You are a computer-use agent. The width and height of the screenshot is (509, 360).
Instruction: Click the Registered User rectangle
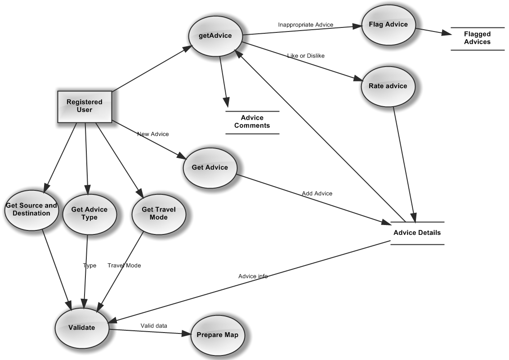coord(85,106)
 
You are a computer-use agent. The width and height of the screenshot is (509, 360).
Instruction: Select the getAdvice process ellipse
coord(216,36)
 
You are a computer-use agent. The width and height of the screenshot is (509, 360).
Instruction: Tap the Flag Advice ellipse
coord(388,25)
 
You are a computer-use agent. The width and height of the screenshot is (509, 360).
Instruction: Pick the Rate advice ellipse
coord(388,86)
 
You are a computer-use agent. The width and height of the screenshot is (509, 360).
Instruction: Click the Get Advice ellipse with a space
coord(210,167)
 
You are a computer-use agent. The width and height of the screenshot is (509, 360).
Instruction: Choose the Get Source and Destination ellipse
coord(31,210)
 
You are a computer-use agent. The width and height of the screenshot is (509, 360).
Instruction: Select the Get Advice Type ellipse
coord(89,214)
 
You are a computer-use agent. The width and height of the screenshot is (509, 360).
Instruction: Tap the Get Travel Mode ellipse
coord(159,214)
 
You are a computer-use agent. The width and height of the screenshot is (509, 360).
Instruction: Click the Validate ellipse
coord(81,328)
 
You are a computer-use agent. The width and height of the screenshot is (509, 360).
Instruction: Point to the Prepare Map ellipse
coord(218,335)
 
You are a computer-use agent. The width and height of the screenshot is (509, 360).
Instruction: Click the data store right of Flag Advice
coord(478,39)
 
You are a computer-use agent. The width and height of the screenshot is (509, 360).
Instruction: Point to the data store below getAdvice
coord(252,122)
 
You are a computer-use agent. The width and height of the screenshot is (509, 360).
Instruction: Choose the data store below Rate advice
coord(417,233)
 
